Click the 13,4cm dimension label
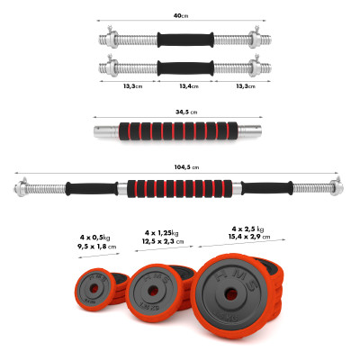180,86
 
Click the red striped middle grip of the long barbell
180,188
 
